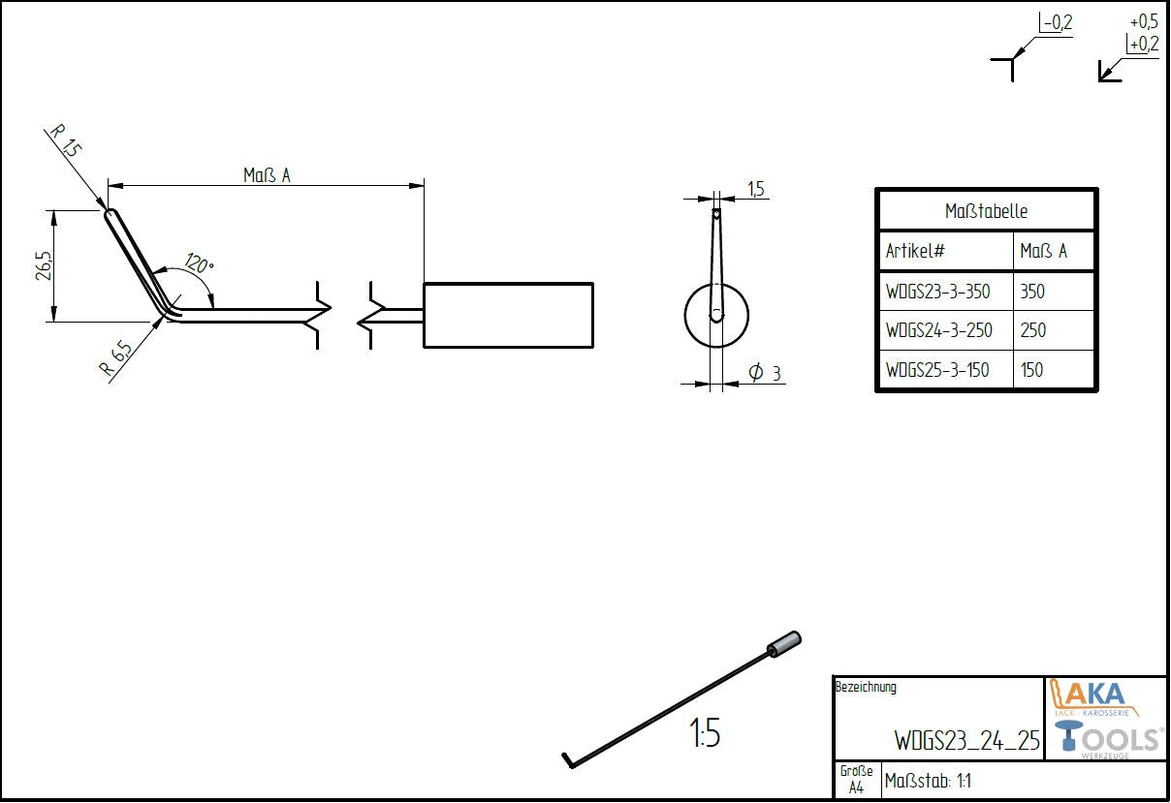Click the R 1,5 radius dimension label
click(x=65, y=141)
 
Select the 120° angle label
click(x=199, y=264)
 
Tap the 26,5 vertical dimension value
click(x=44, y=265)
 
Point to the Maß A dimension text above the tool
click(x=267, y=175)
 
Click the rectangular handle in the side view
click(x=508, y=315)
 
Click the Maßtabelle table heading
click(x=986, y=211)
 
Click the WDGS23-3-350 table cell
click(x=937, y=292)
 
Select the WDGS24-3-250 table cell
click(x=938, y=330)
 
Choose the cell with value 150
click(x=1031, y=370)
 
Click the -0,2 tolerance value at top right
click(x=1057, y=22)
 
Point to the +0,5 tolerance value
click(x=1144, y=21)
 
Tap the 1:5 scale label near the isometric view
click(x=705, y=734)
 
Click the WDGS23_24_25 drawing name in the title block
click(x=965, y=741)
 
